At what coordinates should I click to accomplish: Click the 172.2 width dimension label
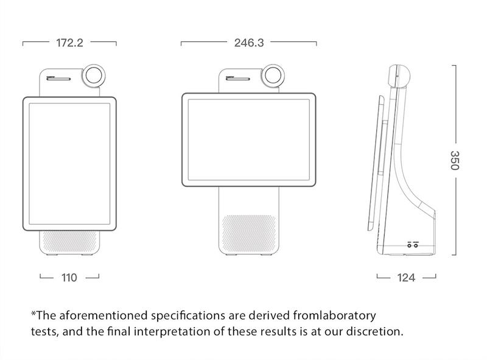pyautogui.click(x=69, y=43)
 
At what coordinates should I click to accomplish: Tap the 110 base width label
pyautogui.click(x=69, y=277)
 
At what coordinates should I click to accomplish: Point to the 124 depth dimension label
pyautogui.click(x=406, y=278)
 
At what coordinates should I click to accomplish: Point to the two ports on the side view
pyautogui.click(x=413, y=244)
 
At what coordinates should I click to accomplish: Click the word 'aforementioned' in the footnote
pyautogui.click(x=99, y=316)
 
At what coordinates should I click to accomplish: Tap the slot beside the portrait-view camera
pyautogui.click(x=58, y=77)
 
